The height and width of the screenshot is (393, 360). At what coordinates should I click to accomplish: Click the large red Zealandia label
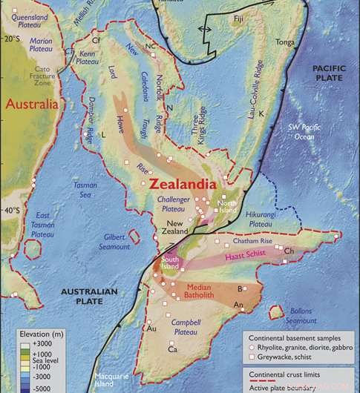pos(182,182)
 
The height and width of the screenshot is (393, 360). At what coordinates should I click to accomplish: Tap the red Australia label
pos(31,105)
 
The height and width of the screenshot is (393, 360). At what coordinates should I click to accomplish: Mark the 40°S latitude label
pos(12,211)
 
